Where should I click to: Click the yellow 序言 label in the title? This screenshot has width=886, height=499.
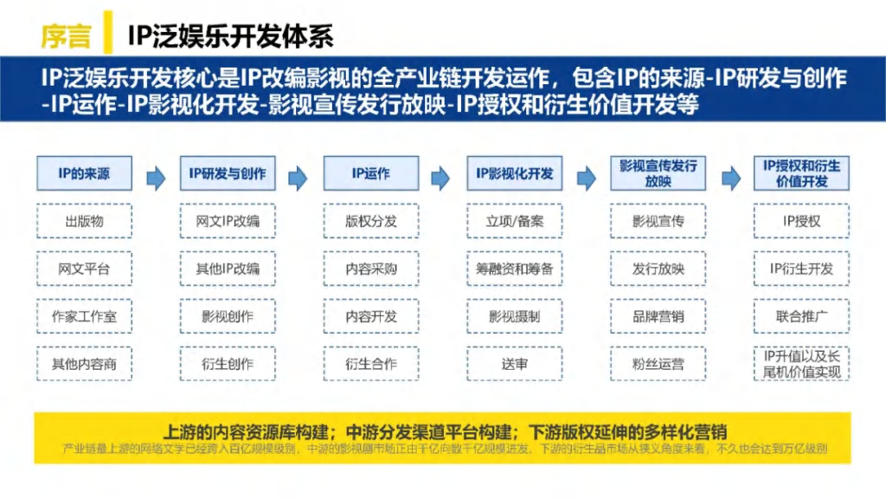(66, 35)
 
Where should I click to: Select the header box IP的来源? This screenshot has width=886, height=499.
(84, 173)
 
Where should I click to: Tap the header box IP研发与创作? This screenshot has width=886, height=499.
(228, 173)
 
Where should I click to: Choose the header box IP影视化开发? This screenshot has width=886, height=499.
(514, 173)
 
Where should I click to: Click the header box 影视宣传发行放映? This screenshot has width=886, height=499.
(658, 173)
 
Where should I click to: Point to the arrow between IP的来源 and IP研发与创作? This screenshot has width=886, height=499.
(156, 177)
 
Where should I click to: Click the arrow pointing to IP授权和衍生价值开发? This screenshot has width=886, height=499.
(730, 177)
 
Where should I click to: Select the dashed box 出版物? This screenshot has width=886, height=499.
(84, 221)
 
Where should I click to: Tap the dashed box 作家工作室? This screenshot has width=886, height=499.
(84, 316)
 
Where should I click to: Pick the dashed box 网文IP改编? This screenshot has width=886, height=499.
(228, 221)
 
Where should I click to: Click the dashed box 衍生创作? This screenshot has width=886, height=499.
(228, 364)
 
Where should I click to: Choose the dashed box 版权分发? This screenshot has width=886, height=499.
(371, 221)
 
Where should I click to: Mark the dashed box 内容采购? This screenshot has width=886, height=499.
(371, 269)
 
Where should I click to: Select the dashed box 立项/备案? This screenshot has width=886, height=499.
(514, 221)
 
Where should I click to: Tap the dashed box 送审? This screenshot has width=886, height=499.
(514, 364)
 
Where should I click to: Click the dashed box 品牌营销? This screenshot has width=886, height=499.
(658, 316)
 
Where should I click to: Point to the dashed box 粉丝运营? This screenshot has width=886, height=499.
(658, 364)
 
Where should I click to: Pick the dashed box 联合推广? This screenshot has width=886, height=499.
(801, 316)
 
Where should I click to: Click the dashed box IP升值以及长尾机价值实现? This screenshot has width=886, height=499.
(801, 364)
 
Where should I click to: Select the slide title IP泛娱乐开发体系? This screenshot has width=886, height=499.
(231, 35)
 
